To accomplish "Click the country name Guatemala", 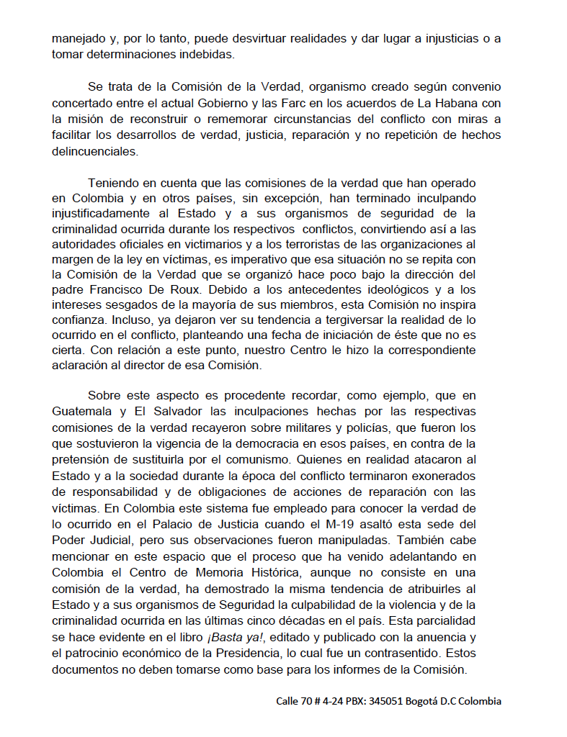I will coord(81,412).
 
